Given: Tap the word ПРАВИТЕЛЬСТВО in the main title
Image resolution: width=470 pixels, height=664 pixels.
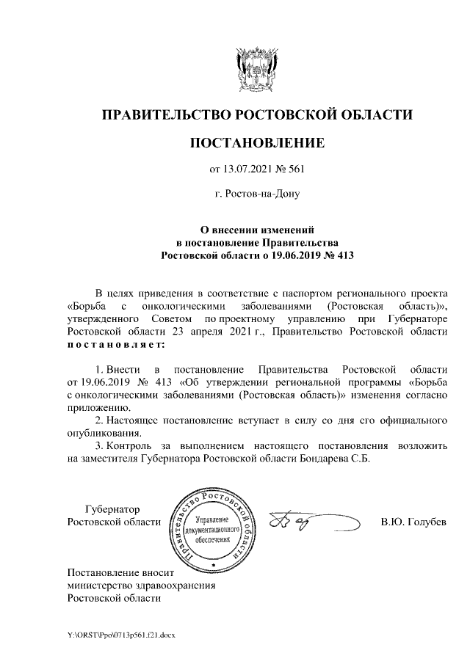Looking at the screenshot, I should (164, 114).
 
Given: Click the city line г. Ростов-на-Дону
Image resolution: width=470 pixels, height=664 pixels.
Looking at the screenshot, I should (256, 195).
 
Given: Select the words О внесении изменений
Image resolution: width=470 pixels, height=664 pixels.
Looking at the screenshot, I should (256, 230).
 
